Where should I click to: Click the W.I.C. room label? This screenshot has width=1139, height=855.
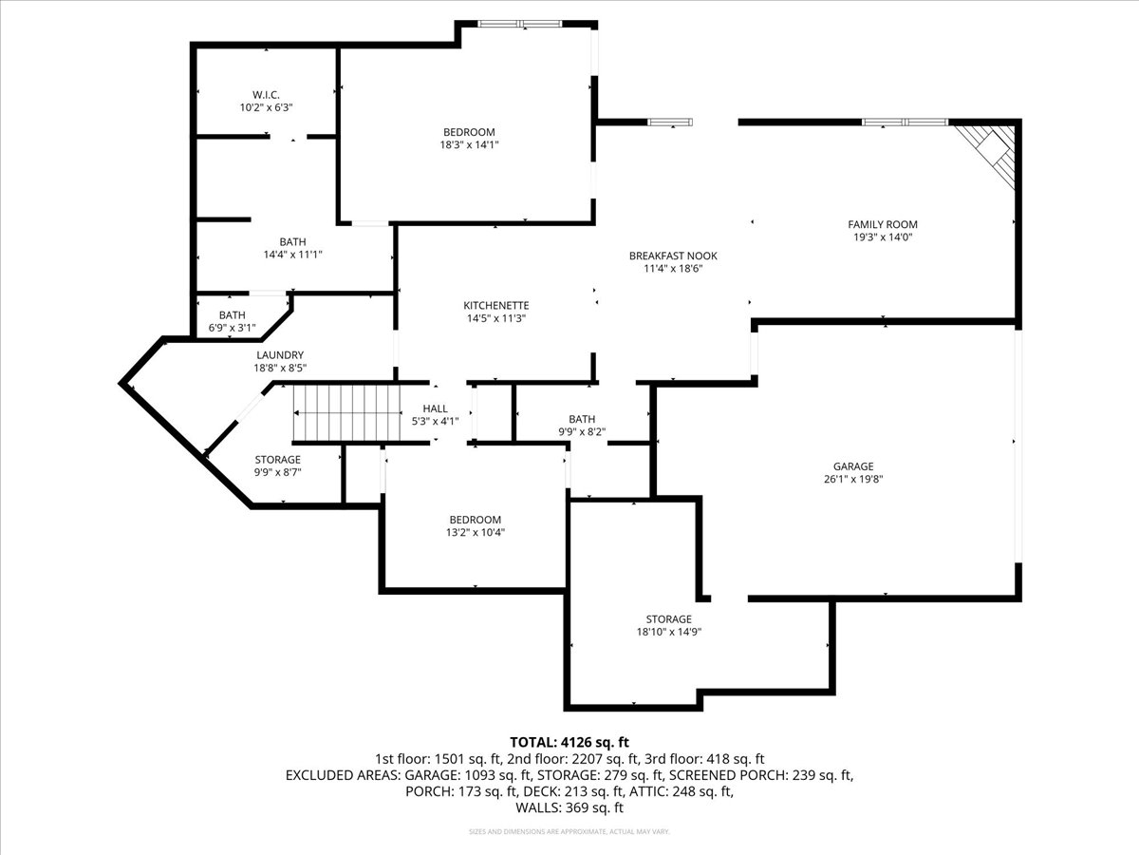click(x=266, y=95)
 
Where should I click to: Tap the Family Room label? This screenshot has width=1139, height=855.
click(x=882, y=225)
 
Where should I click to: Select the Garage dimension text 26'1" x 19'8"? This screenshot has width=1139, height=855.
click(x=853, y=479)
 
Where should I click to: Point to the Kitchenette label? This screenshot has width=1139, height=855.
click(x=496, y=306)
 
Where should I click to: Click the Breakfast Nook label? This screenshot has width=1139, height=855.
click(x=673, y=256)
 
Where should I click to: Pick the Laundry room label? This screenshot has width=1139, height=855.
click(x=280, y=355)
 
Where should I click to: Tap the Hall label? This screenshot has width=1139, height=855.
click(x=435, y=408)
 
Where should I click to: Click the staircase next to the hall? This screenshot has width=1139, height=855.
click(x=346, y=413)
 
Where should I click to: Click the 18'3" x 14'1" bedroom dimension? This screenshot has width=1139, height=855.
click(x=469, y=144)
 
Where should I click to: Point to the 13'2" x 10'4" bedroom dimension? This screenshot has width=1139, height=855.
click(x=475, y=532)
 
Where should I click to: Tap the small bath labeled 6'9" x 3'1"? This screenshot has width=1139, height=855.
click(x=232, y=315)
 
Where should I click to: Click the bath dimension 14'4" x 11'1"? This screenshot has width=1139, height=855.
click(x=292, y=255)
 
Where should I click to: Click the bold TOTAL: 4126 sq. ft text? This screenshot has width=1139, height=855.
click(x=569, y=742)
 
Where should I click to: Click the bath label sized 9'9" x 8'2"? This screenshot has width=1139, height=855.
click(x=582, y=419)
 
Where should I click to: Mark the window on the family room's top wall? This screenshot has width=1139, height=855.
click(x=905, y=123)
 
